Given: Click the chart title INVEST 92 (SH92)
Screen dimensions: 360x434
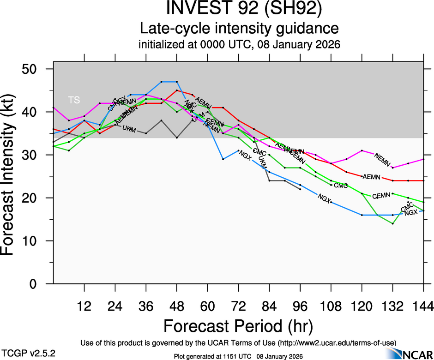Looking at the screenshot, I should pos(239,9).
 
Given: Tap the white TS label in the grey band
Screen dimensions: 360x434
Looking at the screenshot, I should pos(73,100).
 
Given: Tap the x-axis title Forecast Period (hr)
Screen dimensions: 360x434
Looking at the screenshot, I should pos(239,325).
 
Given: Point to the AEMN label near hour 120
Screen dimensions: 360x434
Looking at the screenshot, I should pos(371,177).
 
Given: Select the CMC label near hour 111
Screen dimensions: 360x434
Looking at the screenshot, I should pos(340,186).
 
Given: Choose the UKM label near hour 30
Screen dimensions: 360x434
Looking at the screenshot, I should pos(129,129).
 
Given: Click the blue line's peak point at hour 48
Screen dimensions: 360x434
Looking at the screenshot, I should pos(177,82).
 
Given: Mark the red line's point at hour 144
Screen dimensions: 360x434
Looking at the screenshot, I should pos(423,180).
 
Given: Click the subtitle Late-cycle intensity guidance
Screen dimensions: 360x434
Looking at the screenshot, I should pos(239,29).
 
